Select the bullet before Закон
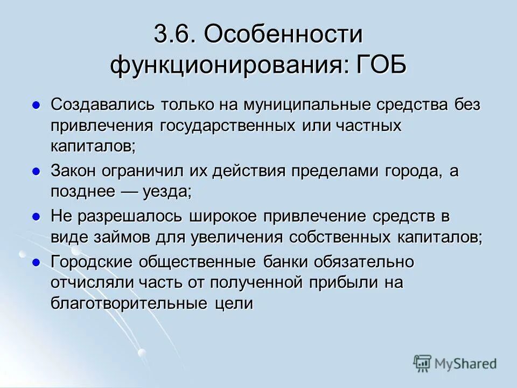36,171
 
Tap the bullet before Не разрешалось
36,217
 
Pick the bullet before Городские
36,262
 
